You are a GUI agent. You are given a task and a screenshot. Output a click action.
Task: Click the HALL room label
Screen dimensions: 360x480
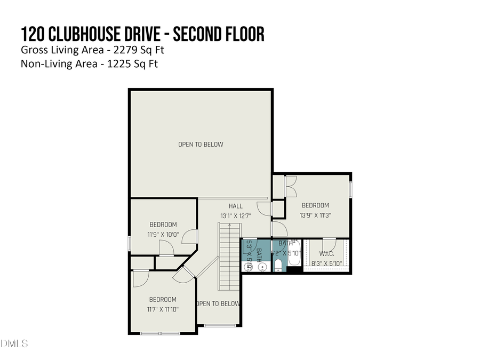click(x=235, y=206)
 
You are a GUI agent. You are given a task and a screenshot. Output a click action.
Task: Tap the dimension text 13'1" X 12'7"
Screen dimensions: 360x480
click(x=235, y=216)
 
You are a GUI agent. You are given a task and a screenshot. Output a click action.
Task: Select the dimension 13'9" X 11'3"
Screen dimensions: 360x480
click(x=315, y=215)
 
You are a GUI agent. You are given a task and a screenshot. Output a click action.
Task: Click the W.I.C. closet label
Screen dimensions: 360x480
click(x=326, y=253)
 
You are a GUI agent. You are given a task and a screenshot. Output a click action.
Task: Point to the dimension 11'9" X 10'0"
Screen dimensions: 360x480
click(x=163, y=235)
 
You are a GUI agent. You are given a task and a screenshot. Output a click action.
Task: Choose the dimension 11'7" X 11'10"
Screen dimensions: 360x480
click(x=163, y=309)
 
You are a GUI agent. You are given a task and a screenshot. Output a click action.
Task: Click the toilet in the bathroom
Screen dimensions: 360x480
click(x=278, y=266)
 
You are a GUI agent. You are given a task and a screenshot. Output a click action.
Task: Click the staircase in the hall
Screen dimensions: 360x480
click(x=229, y=256)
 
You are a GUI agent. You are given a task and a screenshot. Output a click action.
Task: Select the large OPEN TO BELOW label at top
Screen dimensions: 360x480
click(x=201, y=145)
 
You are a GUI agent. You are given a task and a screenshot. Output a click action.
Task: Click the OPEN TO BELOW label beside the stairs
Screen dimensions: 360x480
click(x=218, y=304)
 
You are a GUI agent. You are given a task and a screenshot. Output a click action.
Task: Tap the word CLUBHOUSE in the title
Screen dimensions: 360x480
click(x=86, y=35)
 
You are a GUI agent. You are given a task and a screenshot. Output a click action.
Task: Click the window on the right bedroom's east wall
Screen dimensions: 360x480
click(x=351, y=190)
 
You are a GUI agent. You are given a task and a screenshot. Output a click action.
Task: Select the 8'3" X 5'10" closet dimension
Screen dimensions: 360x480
click(x=326, y=263)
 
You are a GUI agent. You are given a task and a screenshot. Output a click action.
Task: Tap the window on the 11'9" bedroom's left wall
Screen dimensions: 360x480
click(x=130, y=243)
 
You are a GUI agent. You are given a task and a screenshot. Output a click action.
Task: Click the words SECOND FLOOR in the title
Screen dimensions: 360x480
click(x=219, y=35)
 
